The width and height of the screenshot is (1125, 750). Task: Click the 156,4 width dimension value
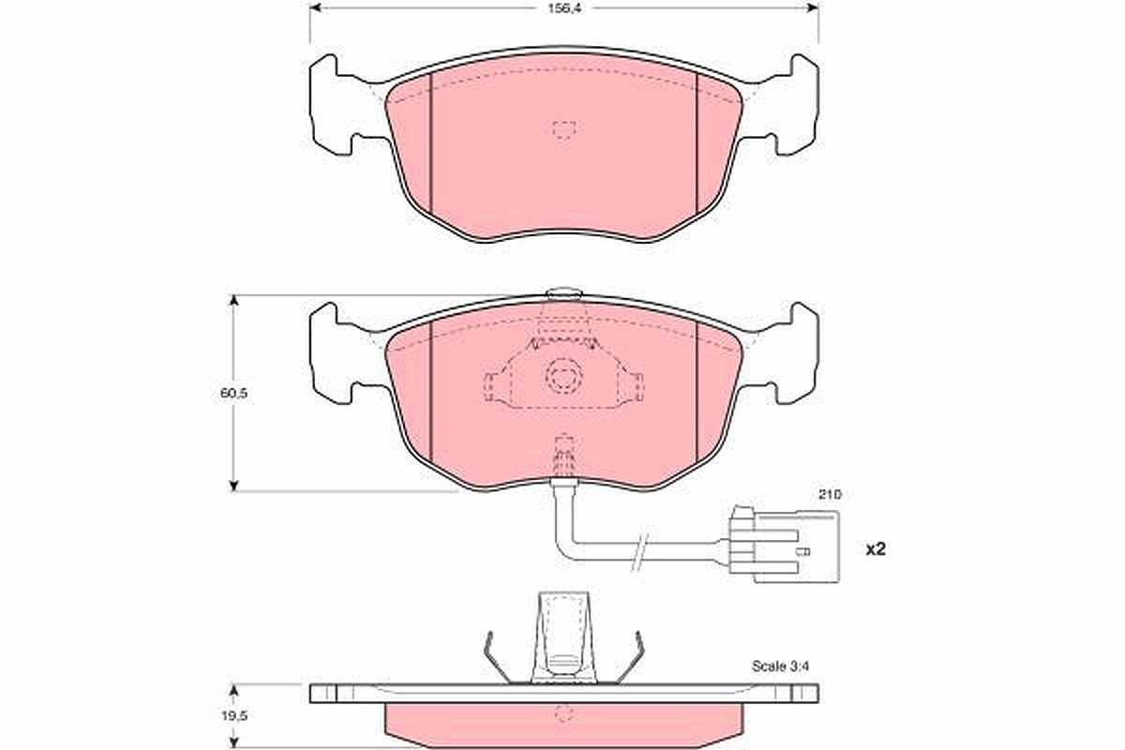pos(563,7)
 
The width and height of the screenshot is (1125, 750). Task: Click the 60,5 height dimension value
pos(233,393)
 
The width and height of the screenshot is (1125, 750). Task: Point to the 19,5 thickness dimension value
pos(234,716)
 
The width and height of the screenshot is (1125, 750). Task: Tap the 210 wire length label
pos(830,494)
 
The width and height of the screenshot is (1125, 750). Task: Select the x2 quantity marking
pos(876,549)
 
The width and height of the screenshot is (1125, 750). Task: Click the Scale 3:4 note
pos(780,667)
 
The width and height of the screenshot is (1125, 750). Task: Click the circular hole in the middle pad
pos(563,376)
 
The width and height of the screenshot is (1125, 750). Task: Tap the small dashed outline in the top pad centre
pos(564,129)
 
